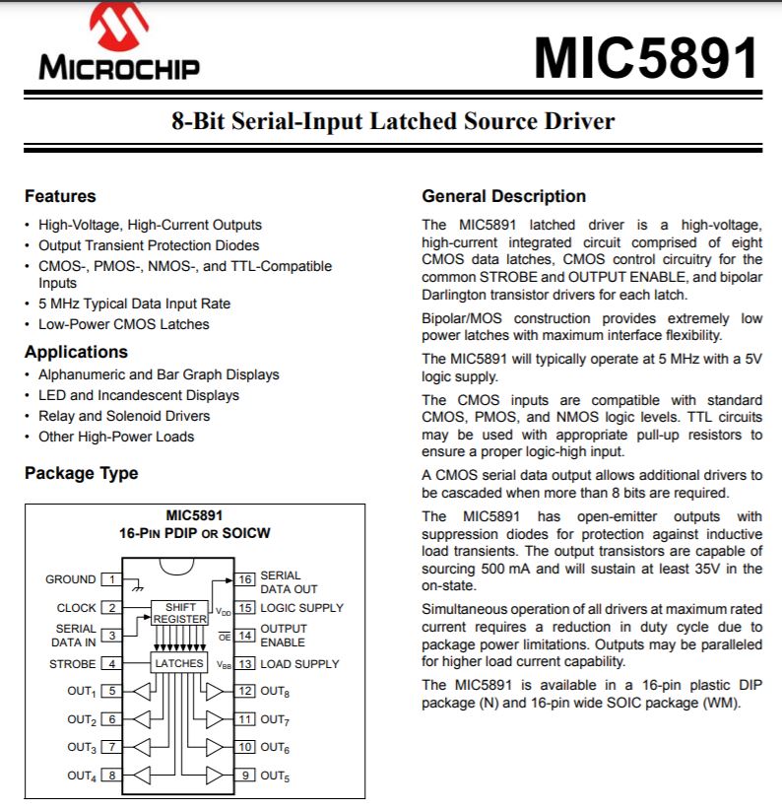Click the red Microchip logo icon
point(120,28)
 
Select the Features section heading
point(60,196)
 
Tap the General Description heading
point(503,196)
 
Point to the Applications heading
point(76,352)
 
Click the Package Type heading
point(81,473)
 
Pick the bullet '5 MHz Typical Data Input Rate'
point(134,304)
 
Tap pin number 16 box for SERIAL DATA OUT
point(245,579)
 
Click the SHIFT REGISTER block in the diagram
point(180,613)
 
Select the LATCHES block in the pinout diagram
point(179,663)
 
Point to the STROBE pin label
point(73,664)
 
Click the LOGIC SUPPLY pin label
point(301,608)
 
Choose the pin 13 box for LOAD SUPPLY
point(245,663)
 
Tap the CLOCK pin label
point(76,608)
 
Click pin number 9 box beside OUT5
point(245,776)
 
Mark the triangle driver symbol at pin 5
point(143,691)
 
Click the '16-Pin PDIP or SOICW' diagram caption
point(194,533)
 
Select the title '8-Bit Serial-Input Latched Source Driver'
point(391,121)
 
